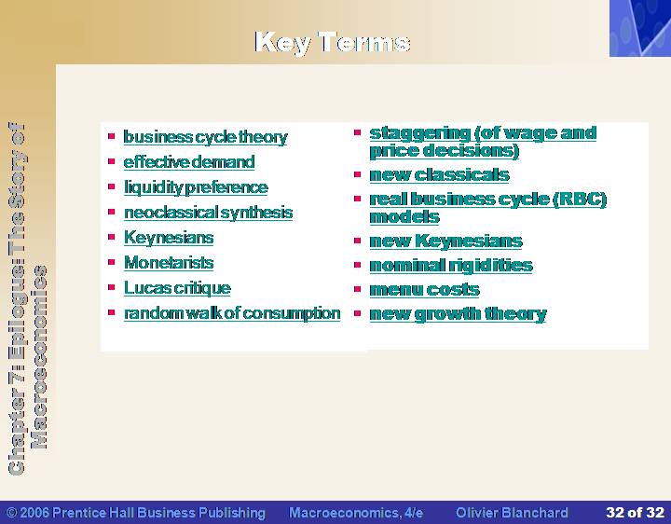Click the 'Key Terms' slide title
333,42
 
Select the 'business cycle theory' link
205,137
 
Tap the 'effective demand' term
189,162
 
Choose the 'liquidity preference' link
196,187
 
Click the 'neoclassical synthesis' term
209,213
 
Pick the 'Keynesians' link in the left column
169,238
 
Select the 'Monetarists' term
169,262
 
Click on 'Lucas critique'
177,288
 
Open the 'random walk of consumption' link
232,313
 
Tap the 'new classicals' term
440,174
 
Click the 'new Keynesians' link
445,241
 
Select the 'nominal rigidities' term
451,266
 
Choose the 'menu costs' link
425,290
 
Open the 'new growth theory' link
458,314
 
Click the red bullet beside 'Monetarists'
112,262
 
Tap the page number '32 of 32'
635,512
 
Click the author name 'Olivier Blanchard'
512,513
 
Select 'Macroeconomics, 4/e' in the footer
356,513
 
